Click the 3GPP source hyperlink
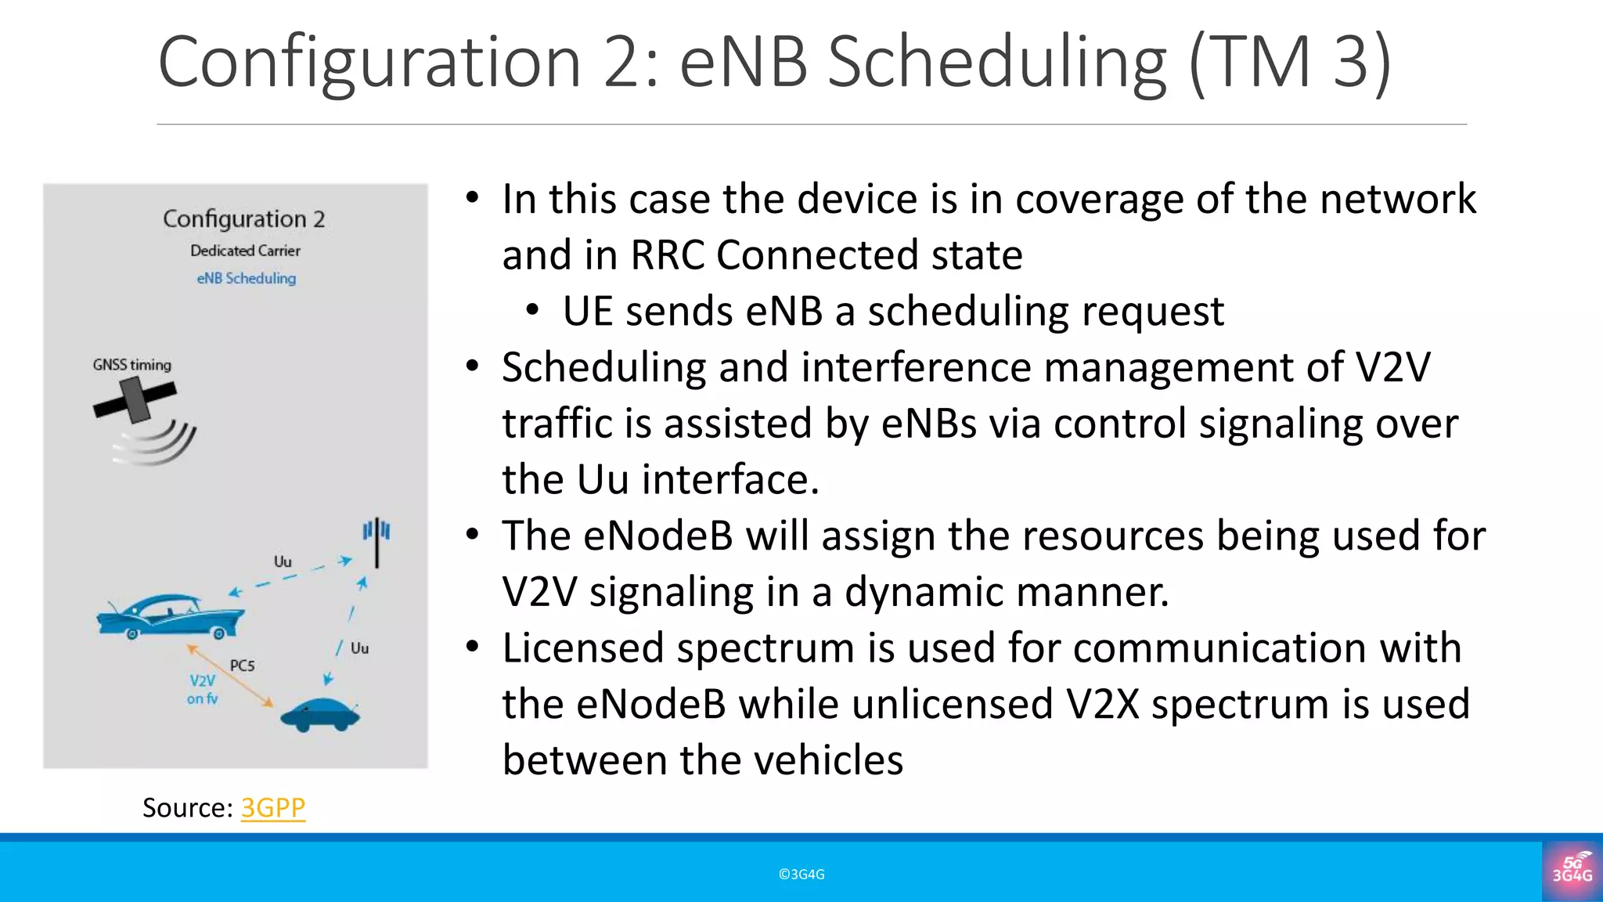272,807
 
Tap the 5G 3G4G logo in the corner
1572,870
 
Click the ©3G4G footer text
801,875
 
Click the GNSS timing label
131,365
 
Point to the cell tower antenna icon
376,540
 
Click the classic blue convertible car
170,616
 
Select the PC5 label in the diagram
242,666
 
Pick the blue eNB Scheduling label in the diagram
246,279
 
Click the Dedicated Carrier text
245,251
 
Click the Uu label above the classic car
283,561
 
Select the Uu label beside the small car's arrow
359,648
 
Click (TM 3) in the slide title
1289,63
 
